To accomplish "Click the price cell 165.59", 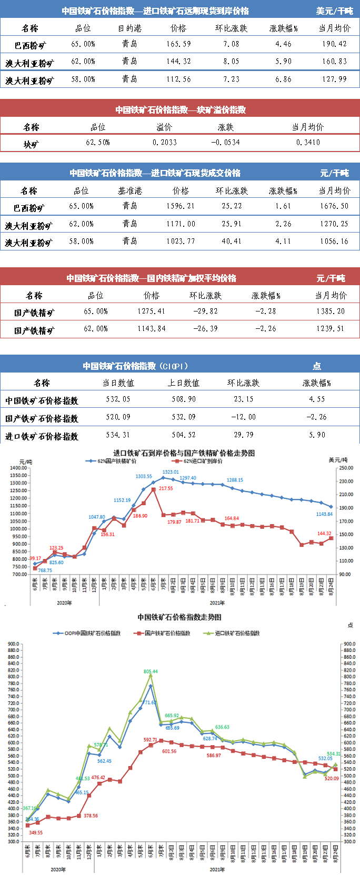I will (x=178, y=44).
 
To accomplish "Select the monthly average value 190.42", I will (x=335, y=44).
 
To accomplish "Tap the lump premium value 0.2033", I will (x=165, y=143).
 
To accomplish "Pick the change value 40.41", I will (x=232, y=242).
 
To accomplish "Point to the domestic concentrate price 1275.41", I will (x=151, y=311).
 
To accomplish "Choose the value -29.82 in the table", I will (x=205, y=311).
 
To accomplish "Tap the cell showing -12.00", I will (x=243, y=417).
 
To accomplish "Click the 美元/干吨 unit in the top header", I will (x=334, y=11).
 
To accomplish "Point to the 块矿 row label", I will (x=31, y=144).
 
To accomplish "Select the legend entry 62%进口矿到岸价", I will (x=203, y=461).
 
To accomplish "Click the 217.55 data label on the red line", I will (x=166, y=489).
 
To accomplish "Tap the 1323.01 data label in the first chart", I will (x=171, y=472).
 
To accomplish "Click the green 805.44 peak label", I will (x=151, y=672).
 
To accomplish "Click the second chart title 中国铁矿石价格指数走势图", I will (x=179, y=617).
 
